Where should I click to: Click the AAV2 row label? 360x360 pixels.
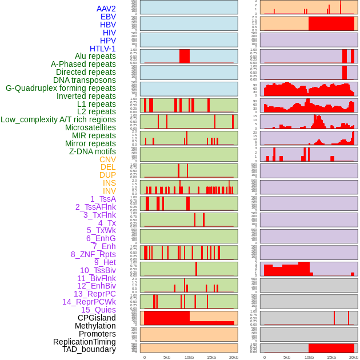[106, 9]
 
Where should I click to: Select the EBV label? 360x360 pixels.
[108, 17]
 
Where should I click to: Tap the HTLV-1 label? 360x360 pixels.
[103, 49]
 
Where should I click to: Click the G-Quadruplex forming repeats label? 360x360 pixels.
[61, 88]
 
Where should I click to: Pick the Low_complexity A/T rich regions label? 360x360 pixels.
[58, 119]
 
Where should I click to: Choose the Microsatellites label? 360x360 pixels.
[90, 127]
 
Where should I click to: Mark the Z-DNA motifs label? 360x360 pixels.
[93, 151]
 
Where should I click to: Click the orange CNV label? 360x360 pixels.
[107, 159]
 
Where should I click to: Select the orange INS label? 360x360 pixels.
[109, 183]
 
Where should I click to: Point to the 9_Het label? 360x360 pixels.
[105, 262]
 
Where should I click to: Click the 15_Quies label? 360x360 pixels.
[98, 310]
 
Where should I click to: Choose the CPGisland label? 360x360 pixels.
[97, 318]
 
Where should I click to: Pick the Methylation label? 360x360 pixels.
[95, 326]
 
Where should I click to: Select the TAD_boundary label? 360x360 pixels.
[89, 349]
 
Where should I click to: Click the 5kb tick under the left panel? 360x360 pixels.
[167, 357]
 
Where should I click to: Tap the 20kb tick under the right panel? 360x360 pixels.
[354, 357]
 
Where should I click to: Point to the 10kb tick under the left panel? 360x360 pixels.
[189, 357]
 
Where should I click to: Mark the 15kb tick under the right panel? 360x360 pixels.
[331, 357]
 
